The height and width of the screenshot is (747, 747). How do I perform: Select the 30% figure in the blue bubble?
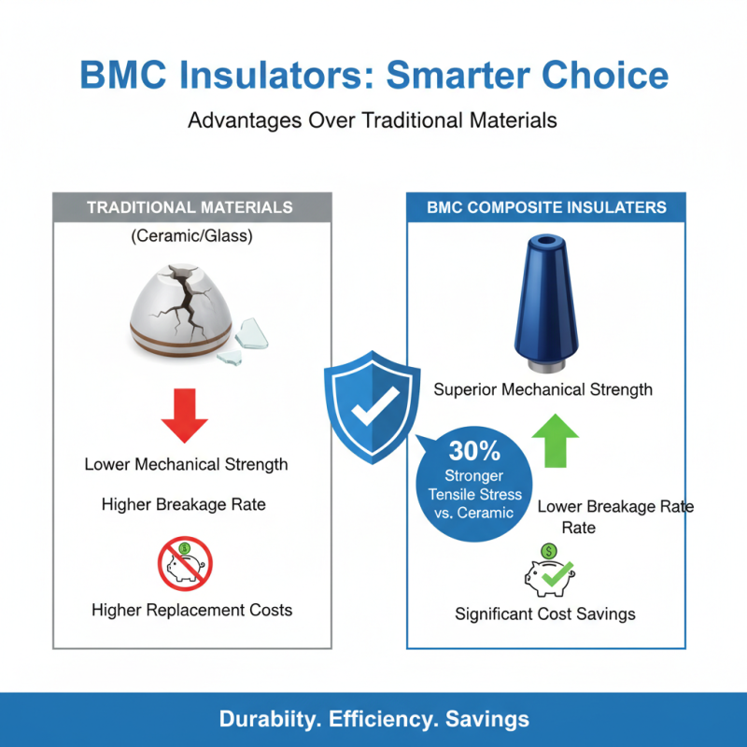tap(474, 451)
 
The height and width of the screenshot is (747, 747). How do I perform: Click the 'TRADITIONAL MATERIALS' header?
tap(190, 207)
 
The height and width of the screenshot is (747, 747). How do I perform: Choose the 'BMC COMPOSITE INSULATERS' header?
tap(546, 207)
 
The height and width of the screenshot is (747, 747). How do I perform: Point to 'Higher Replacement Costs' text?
tap(191, 610)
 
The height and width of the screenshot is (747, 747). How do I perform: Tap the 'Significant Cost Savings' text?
tap(545, 613)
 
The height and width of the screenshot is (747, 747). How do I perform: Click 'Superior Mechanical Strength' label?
tap(543, 389)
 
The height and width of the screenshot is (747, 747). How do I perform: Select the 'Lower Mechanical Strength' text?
tap(186, 464)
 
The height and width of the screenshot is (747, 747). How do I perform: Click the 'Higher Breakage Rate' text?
tap(184, 504)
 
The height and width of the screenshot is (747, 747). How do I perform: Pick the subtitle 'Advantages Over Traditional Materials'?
tap(373, 120)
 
